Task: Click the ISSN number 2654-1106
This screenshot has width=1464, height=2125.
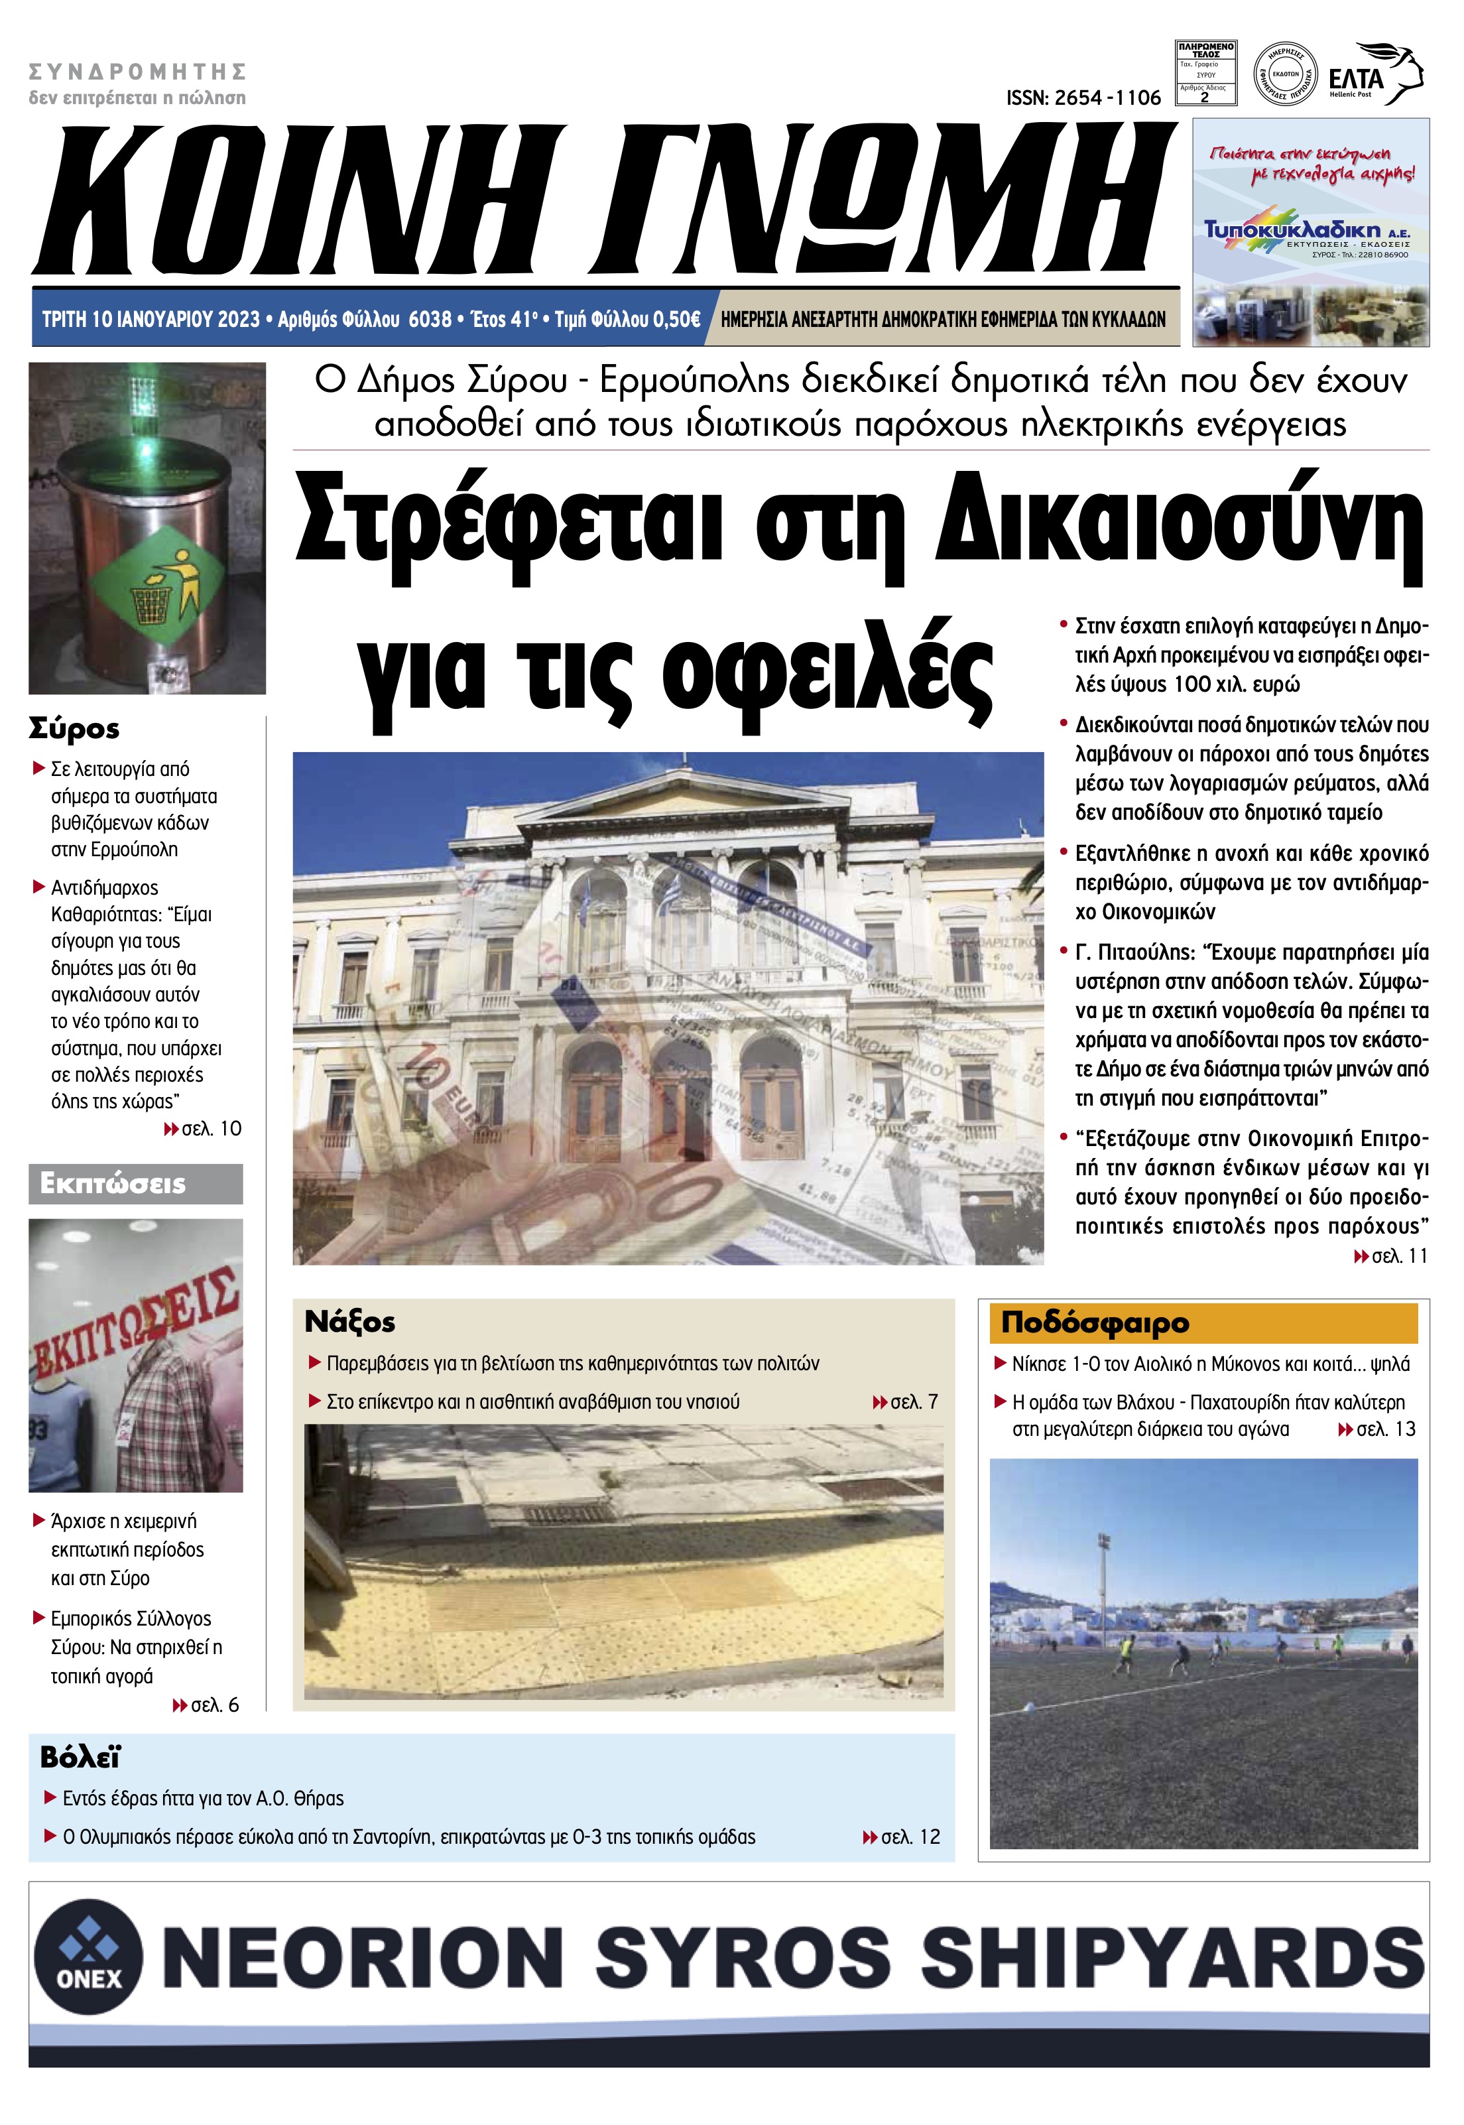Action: click(1083, 97)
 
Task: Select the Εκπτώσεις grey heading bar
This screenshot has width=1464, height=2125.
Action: click(136, 1184)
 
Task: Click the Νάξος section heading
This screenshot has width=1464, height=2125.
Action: click(349, 1322)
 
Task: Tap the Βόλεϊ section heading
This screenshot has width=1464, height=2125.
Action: click(80, 1758)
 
